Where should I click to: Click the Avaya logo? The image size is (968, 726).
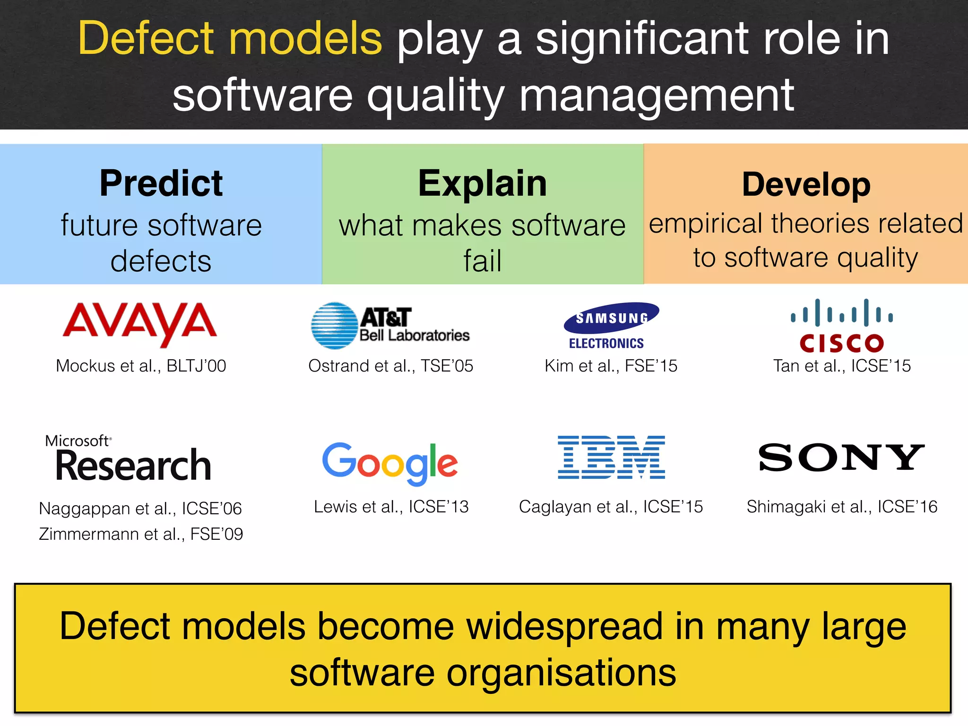click(x=140, y=324)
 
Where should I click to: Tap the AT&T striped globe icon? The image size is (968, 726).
click(x=334, y=326)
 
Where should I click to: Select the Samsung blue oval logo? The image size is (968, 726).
click(x=612, y=317)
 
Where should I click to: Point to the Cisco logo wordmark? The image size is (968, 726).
click(x=842, y=343)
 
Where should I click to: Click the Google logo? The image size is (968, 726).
click(x=390, y=463)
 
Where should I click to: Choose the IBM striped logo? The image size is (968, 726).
click(x=611, y=457)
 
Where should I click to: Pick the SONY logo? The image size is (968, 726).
click(x=841, y=458)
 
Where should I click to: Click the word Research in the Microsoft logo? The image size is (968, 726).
click(x=133, y=466)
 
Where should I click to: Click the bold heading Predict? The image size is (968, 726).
click(x=161, y=183)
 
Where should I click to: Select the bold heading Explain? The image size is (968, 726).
click(x=483, y=183)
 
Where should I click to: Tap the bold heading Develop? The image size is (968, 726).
click(x=806, y=184)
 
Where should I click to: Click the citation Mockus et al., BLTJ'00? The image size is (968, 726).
click(x=141, y=366)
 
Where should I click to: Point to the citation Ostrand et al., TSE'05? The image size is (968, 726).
click(x=390, y=366)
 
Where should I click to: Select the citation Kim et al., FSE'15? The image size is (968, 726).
click(x=611, y=366)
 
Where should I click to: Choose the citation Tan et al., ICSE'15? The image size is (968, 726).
click(x=842, y=366)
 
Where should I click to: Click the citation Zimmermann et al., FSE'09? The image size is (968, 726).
click(x=141, y=534)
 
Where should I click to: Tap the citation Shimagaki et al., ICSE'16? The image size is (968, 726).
click(x=842, y=507)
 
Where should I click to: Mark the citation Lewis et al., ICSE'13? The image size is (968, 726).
click(x=391, y=507)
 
